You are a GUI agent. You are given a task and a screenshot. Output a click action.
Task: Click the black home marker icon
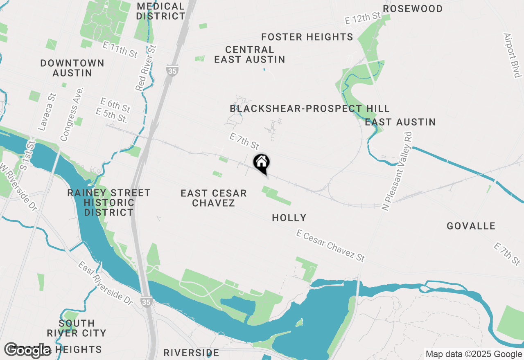261,163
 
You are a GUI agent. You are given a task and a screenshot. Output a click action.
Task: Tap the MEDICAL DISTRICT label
160,11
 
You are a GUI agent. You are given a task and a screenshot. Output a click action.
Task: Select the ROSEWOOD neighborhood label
413,9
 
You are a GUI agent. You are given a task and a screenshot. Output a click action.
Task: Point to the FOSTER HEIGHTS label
307,37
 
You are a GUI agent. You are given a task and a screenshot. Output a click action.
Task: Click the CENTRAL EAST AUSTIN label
250,54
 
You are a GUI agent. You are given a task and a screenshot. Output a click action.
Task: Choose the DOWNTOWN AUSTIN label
72,68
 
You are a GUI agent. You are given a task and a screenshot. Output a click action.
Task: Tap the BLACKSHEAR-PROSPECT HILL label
309,109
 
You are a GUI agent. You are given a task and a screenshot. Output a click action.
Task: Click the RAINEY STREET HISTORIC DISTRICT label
109,202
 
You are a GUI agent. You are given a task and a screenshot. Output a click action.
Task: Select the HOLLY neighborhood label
289,218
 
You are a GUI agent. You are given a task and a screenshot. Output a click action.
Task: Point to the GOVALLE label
471,226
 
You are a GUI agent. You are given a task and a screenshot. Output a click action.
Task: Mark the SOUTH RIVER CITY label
77,328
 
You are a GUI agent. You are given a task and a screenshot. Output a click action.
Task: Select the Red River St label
146,67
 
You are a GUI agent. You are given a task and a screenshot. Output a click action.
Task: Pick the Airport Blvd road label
513,55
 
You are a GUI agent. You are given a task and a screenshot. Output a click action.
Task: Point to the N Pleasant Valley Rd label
397,171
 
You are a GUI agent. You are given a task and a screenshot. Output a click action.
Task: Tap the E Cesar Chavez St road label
330,245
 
